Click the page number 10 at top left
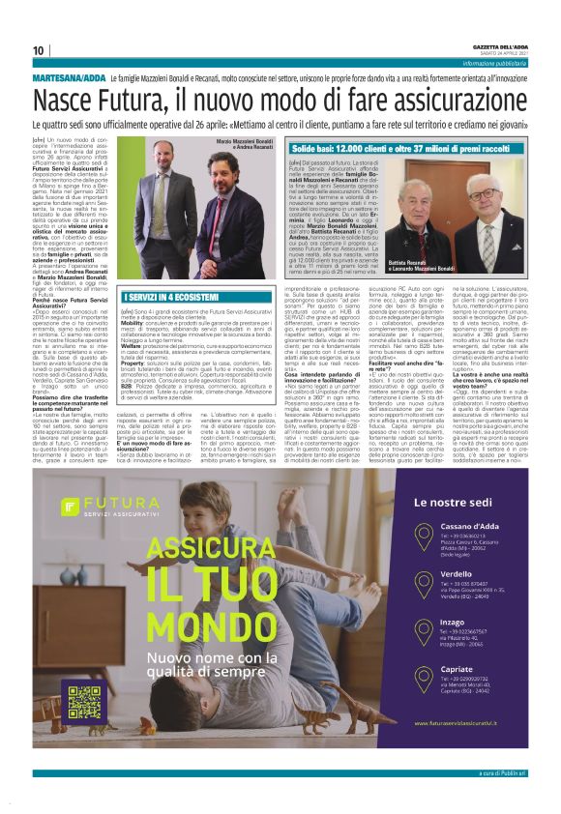coord(39,50)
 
